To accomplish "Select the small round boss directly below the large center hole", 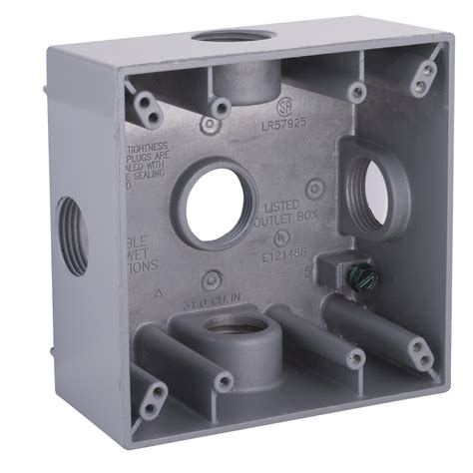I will (x=210, y=279).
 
